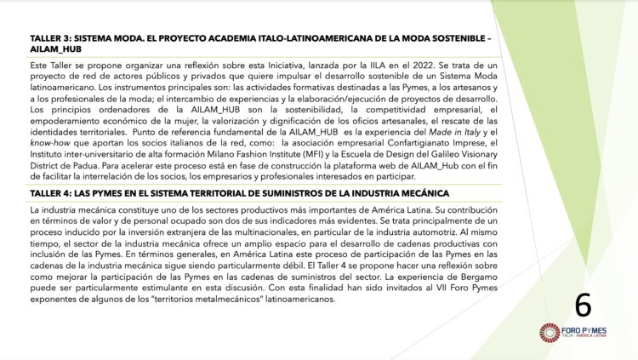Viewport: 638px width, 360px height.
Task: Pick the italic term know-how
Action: point(48,145)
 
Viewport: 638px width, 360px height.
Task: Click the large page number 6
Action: point(583,303)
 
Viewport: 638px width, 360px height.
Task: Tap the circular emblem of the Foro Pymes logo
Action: point(549,332)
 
